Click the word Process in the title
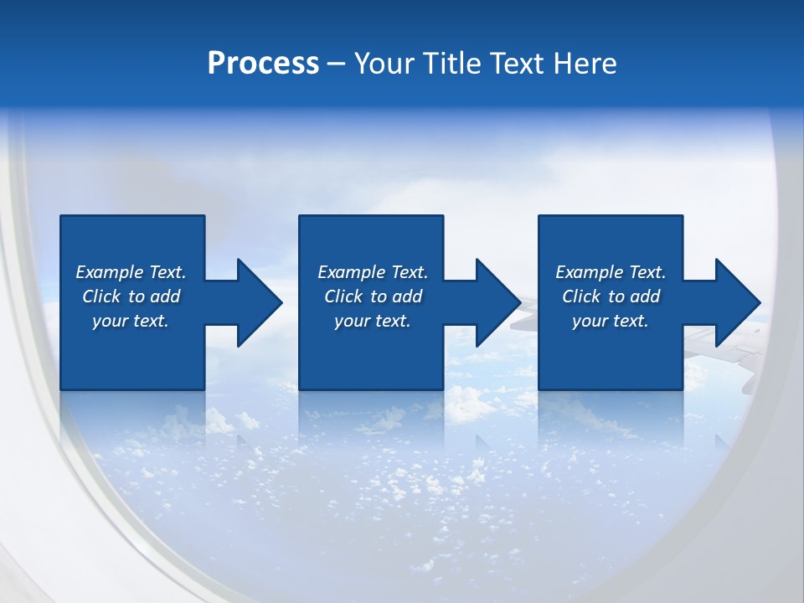pyautogui.click(x=263, y=64)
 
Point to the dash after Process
pyautogui.click(x=336, y=64)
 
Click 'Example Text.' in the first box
pyautogui.click(x=131, y=272)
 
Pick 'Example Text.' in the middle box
pyautogui.click(x=373, y=272)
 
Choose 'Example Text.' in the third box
pyautogui.click(x=611, y=272)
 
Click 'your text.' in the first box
pyautogui.click(x=131, y=321)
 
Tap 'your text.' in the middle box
pyautogui.click(x=373, y=321)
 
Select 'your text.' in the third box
pyautogui.click(x=611, y=321)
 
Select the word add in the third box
pyautogui.click(x=645, y=296)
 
